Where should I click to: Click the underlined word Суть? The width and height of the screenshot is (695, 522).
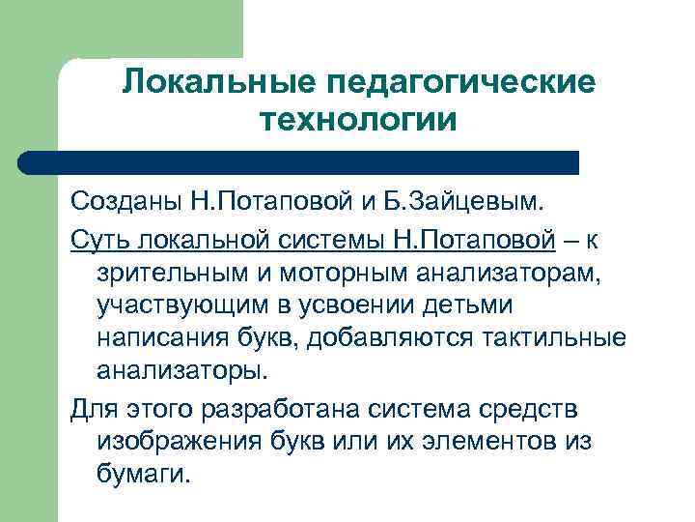[x=97, y=238]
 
